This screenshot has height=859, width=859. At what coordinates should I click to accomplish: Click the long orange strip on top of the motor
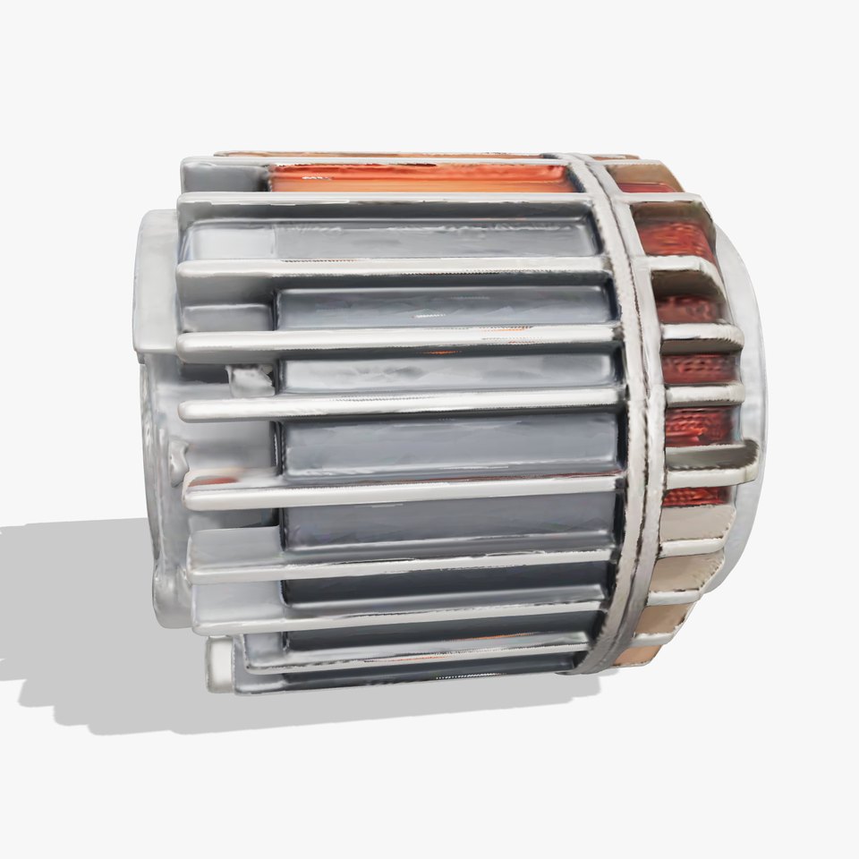pyautogui.click(x=421, y=177)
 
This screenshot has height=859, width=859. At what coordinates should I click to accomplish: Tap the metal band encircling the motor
pyautogui.click(x=637, y=403)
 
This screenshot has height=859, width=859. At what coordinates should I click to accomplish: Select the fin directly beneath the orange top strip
pyautogui.click(x=385, y=202)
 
